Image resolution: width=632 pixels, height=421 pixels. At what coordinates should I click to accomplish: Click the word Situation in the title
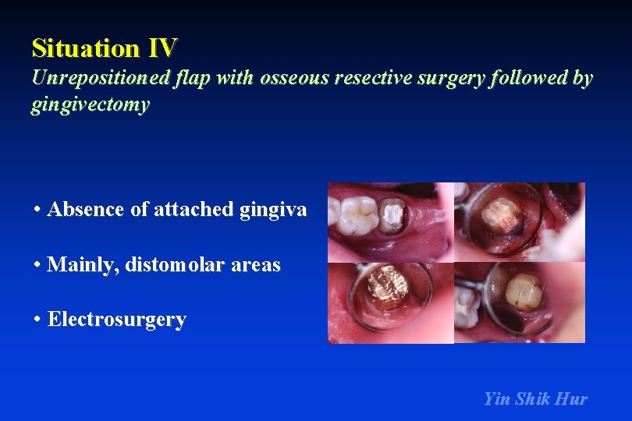pyautogui.click(x=85, y=48)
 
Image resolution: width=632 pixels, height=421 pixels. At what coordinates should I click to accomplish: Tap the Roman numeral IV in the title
pyautogui.click(x=162, y=48)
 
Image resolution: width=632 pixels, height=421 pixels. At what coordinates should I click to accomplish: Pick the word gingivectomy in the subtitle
pyautogui.click(x=90, y=105)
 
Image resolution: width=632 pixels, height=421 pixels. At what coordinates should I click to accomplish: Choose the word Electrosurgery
pyautogui.click(x=117, y=320)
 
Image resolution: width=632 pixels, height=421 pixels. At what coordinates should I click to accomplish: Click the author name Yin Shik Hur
pyautogui.click(x=535, y=399)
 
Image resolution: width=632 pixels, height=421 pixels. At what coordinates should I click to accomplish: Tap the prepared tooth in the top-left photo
pyautogui.click(x=391, y=216)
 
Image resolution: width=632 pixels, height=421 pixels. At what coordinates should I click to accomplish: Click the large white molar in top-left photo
pyautogui.click(x=357, y=214)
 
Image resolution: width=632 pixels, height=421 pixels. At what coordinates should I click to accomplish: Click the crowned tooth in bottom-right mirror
pyautogui.click(x=520, y=292)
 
